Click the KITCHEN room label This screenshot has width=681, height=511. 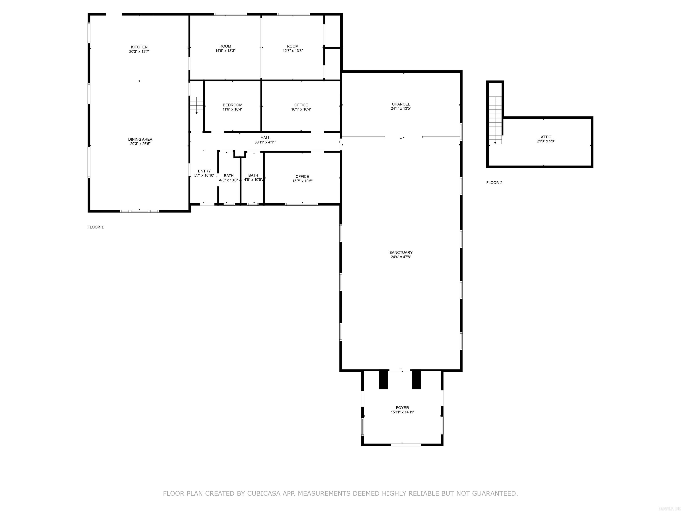(x=139, y=47)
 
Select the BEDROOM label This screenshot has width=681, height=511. (x=233, y=105)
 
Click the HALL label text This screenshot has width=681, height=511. (x=265, y=138)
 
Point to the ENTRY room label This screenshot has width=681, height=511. (x=204, y=171)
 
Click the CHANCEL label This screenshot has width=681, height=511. (x=401, y=104)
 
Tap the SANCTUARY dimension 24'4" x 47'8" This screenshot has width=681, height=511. (x=401, y=257)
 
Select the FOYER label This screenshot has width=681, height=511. (x=402, y=407)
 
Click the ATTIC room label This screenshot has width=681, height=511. (x=546, y=137)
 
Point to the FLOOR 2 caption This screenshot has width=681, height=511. (x=494, y=183)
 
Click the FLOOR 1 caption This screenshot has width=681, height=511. (x=96, y=227)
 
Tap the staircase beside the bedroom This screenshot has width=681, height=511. (x=196, y=105)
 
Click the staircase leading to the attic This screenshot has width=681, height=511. (x=495, y=120)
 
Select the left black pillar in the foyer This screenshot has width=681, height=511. (x=383, y=379)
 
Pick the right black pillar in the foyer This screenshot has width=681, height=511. (x=416, y=379)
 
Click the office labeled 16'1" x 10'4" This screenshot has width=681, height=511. (x=301, y=107)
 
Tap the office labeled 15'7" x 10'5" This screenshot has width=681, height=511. (x=302, y=179)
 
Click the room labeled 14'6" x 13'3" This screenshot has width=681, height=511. (x=225, y=48)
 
